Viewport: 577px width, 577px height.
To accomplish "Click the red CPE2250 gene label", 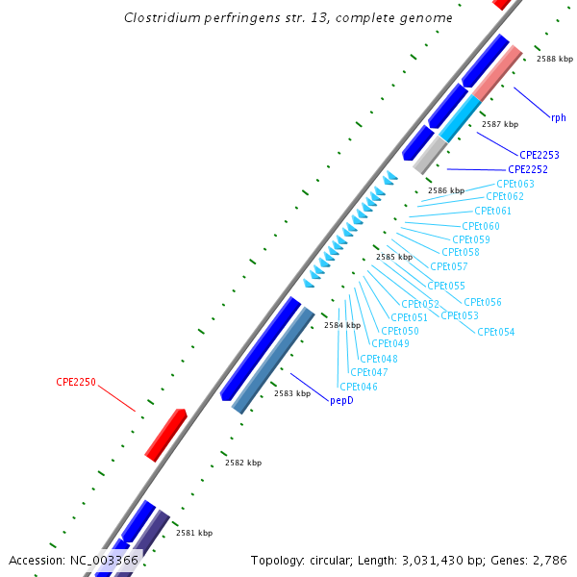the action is pos(76,382).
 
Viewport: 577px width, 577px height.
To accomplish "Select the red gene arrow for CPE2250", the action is pos(165,434).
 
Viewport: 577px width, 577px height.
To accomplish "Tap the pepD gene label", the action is pos(341,400).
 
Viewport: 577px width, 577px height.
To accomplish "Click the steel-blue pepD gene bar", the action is pos(274,360).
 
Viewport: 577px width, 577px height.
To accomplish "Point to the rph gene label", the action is pos(558,117).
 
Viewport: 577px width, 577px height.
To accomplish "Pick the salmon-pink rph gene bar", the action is pos(497,72).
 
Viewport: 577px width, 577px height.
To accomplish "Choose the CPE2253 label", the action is pos(539,154).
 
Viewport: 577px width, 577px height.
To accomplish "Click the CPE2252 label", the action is pos(528,169).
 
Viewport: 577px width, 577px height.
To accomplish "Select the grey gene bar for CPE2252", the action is pos(430,154).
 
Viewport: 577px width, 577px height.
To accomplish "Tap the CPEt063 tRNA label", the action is pos(515,184).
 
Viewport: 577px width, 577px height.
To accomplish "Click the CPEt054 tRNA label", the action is pos(496,332).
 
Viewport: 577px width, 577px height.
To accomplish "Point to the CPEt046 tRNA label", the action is pos(359,387).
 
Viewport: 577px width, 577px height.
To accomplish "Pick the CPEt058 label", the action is pos(460,252).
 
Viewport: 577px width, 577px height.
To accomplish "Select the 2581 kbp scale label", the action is pos(194,533).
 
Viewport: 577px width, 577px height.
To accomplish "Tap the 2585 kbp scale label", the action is pos(393,257).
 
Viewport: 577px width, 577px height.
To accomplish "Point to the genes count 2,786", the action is pos(547,560).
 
